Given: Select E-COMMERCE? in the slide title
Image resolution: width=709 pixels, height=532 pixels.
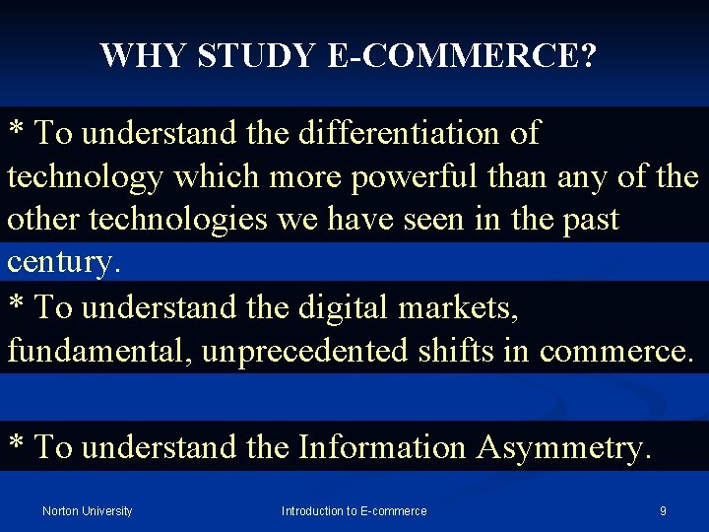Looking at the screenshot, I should pyautogui.click(x=462, y=56).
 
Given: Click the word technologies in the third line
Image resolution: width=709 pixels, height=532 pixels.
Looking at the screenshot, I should pyautogui.click(x=178, y=220).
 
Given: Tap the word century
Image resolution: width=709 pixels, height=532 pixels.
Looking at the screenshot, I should pyautogui.click(x=64, y=264).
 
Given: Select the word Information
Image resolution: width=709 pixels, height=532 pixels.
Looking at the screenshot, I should pyautogui.click(x=382, y=447).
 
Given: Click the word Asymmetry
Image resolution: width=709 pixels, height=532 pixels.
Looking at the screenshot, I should pyautogui.click(x=563, y=447).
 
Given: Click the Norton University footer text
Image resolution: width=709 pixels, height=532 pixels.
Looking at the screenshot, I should pyautogui.click(x=88, y=510).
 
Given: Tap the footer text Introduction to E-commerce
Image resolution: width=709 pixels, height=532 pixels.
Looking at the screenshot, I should pyautogui.click(x=354, y=510).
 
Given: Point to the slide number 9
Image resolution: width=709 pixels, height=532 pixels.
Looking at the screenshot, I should pyautogui.click(x=663, y=510).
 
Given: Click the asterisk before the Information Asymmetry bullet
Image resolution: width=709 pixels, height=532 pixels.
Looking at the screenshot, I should pyautogui.click(x=17, y=443).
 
